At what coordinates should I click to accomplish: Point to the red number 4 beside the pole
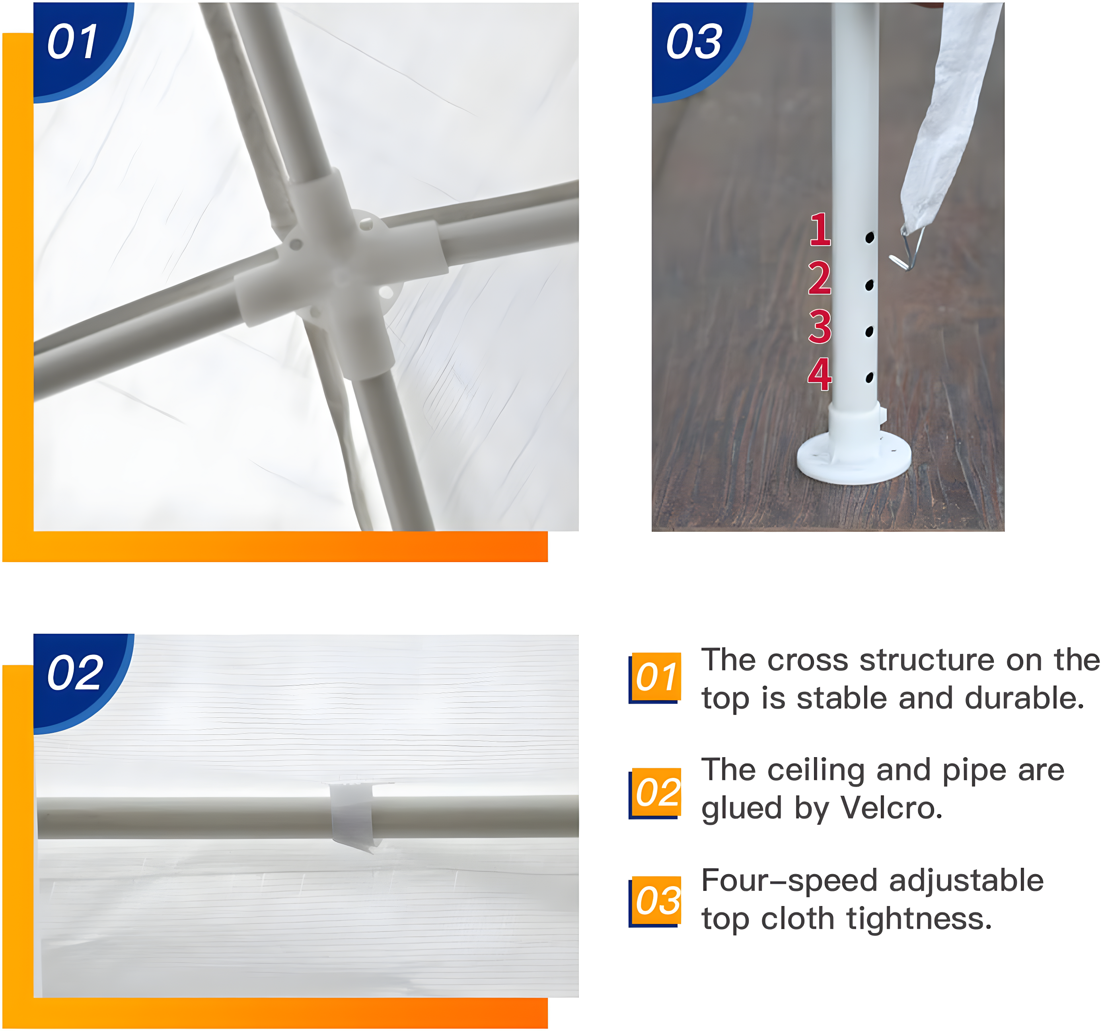820,374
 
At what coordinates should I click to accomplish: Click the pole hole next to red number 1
870,237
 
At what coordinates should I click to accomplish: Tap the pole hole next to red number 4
869,378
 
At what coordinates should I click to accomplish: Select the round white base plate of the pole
854,457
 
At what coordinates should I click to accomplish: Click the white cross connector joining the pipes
341,272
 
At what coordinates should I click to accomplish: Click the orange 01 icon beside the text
655,678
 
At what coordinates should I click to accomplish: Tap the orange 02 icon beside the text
655,793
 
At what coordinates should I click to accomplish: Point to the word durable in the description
1024,698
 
